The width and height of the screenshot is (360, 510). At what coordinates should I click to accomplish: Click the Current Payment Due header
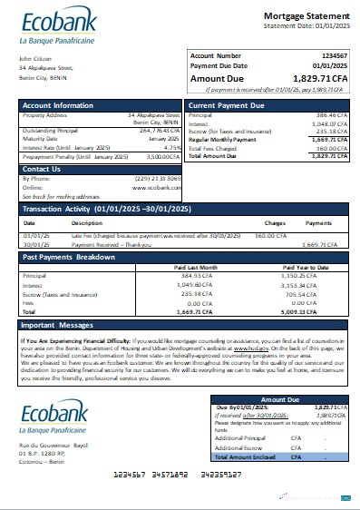226,105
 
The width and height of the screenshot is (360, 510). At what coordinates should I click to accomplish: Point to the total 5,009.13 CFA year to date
324,309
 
